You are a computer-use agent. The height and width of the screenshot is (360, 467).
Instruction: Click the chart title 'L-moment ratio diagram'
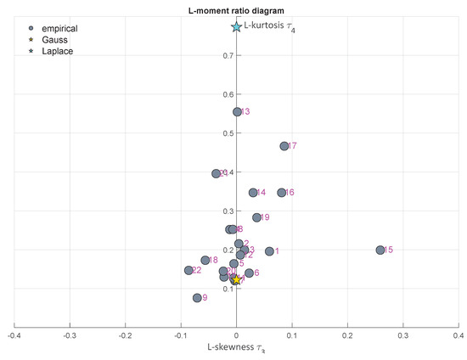(x=236, y=8)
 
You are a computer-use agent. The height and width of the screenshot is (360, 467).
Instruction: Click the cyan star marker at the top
(x=237, y=27)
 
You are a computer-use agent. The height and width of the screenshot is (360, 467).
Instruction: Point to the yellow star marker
(x=236, y=280)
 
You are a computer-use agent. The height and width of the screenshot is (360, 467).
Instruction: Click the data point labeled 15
(x=380, y=250)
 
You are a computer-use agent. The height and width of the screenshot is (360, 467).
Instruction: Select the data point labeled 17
(x=284, y=146)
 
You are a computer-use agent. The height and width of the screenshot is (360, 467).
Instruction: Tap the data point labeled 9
(x=197, y=298)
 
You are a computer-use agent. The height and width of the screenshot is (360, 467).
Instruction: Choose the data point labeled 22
(x=188, y=270)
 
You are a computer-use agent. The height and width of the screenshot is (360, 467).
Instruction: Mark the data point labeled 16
(x=282, y=193)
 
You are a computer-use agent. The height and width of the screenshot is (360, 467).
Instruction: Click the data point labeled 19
(x=256, y=217)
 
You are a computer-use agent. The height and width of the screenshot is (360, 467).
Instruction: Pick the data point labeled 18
(x=205, y=260)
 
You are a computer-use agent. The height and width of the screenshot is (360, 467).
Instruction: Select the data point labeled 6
(x=249, y=273)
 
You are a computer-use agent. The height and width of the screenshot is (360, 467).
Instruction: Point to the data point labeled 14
(x=253, y=193)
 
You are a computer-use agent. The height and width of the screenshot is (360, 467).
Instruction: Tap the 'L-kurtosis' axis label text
(x=270, y=27)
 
